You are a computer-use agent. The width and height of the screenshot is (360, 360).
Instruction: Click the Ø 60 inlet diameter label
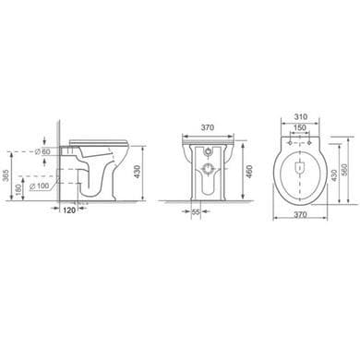tap(42, 151)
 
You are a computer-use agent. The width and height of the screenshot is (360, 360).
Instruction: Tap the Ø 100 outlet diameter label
tap(39, 186)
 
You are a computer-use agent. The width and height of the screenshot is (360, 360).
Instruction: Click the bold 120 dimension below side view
tap(70, 210)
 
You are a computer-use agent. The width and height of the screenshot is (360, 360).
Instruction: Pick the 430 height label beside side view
tap(138, 173)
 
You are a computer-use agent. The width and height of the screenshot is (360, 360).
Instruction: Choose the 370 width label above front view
tap(208, 127)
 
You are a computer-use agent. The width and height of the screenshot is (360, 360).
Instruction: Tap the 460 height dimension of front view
tap(249, 171)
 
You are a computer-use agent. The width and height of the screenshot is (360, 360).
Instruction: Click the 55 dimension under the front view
tap(196, 211)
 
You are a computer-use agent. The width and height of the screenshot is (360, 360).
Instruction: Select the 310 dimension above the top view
tap(301, 117)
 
